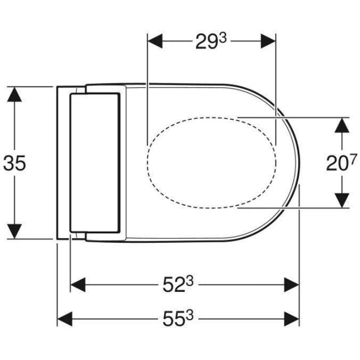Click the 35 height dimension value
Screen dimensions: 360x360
click(x=14, y=163)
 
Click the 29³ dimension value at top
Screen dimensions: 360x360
click(x=211, y=41)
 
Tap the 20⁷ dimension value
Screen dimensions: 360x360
click(x=342, y=162)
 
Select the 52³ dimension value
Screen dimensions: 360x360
click(x=178, y=284)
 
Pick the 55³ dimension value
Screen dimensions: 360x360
click(x=178, y=318)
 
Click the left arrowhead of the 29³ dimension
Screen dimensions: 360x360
click(x=155, y=41)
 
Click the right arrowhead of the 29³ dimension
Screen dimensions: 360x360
click(x=268, y=41)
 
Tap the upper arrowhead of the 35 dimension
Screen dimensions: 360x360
click(x=14, y=94)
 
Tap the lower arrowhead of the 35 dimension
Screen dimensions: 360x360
click(x=14, y=231)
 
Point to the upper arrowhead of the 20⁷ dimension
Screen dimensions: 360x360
click(x=342, y=125)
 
